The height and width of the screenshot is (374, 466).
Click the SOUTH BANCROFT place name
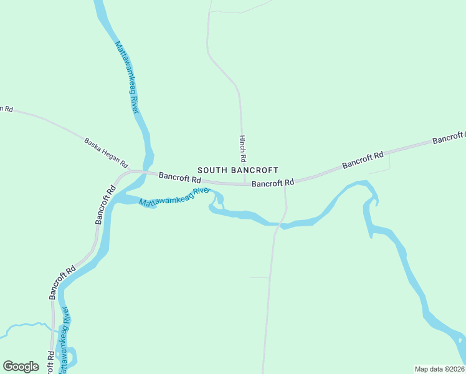(237, 170)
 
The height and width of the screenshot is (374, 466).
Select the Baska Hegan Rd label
(107, 153)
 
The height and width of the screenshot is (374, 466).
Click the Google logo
(21, 367)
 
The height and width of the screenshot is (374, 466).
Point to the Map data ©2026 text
(440, 368)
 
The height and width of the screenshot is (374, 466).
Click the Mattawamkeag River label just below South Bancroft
(174, 198)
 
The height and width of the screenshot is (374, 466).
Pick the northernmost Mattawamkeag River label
(126, 77)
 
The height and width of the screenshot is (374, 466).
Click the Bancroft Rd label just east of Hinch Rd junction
(272, 183)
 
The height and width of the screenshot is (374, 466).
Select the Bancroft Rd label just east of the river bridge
(178, 177)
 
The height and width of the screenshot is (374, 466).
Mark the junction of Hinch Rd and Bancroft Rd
(244, 184)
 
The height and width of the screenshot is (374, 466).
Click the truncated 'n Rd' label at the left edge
(6, 108)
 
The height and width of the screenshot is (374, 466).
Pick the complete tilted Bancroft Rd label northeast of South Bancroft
(363, 160)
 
